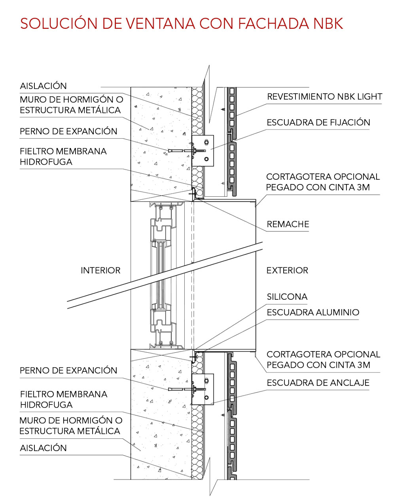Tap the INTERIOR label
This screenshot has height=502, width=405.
pyautogui.click(x=100, y=271)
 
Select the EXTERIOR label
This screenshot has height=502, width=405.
pyautogui.click(x=287, y=271)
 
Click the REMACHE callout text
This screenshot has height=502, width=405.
pyautogui.click(x=288, y=224)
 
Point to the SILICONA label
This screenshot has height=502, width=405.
pyautogui.click(x=287, y=297)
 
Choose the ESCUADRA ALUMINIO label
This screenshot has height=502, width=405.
pyautogui.click(x=313, y=312)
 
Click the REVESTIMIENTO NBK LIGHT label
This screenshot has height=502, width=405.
pyautogui.click(x=325, y=97)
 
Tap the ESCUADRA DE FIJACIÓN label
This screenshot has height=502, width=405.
pyautogui.click(x=318, y=122)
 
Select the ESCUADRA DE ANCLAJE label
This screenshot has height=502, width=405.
pyautogui.click(x=318, y=383)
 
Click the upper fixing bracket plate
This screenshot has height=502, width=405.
pyautogui.click(x=203, y=151)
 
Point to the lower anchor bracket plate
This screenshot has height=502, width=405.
pyautogui.click(x=203, y=389)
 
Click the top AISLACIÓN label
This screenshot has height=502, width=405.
pyautogui.click(x=43, y=86)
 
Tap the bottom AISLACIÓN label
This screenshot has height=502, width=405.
pyautogui.click(x=43, y=448)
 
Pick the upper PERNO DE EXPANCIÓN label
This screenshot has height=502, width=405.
pyautogui.click(x=68, y=131)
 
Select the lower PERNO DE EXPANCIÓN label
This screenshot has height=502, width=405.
pyautogui.click(x=68, y=370)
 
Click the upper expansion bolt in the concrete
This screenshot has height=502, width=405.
pyautogui.click(x=187, y=151)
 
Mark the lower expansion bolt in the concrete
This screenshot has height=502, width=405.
pyautogui.click(x=187, y=389)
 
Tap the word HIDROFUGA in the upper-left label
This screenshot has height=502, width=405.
pyautogui.click(x=46, y=162)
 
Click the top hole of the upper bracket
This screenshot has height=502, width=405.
pyautogui.click(x=206, y=142)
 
